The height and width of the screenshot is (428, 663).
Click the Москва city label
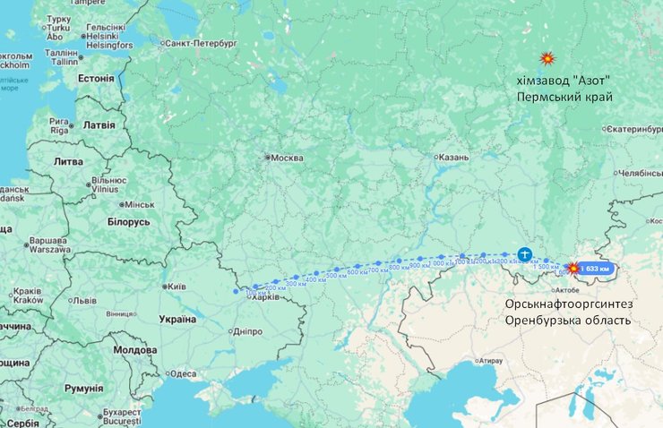click(x=287, y=158)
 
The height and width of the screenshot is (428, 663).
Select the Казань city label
click(x=452, y=157)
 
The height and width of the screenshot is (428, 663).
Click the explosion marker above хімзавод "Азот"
click(x=547, y=59)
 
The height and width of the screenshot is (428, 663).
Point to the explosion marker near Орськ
click(x=571, y=267)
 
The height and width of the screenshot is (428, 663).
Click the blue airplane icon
click(x=524, y=254)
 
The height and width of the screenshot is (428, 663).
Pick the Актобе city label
click(x=569, y=290)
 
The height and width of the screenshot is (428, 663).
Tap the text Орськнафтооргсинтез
click(x=567, y=304)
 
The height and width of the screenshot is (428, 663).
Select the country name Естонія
click(x=96, y=78)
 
